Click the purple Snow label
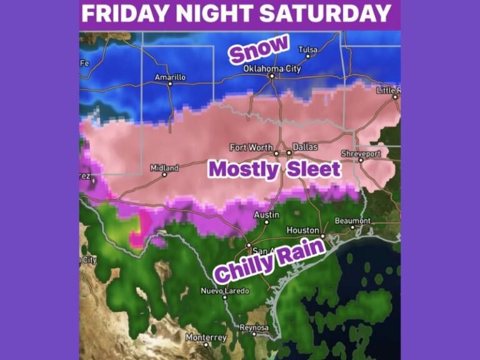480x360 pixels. (259, 49)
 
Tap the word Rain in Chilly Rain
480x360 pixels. (302, 253)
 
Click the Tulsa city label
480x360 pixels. (307, 49)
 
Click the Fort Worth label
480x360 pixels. (251, 147)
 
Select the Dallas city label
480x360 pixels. (305, 147)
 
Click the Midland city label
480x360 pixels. (164, 168)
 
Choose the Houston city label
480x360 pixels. (302, 230)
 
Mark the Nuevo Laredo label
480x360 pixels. (224, 291)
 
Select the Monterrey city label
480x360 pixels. (206, 337)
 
